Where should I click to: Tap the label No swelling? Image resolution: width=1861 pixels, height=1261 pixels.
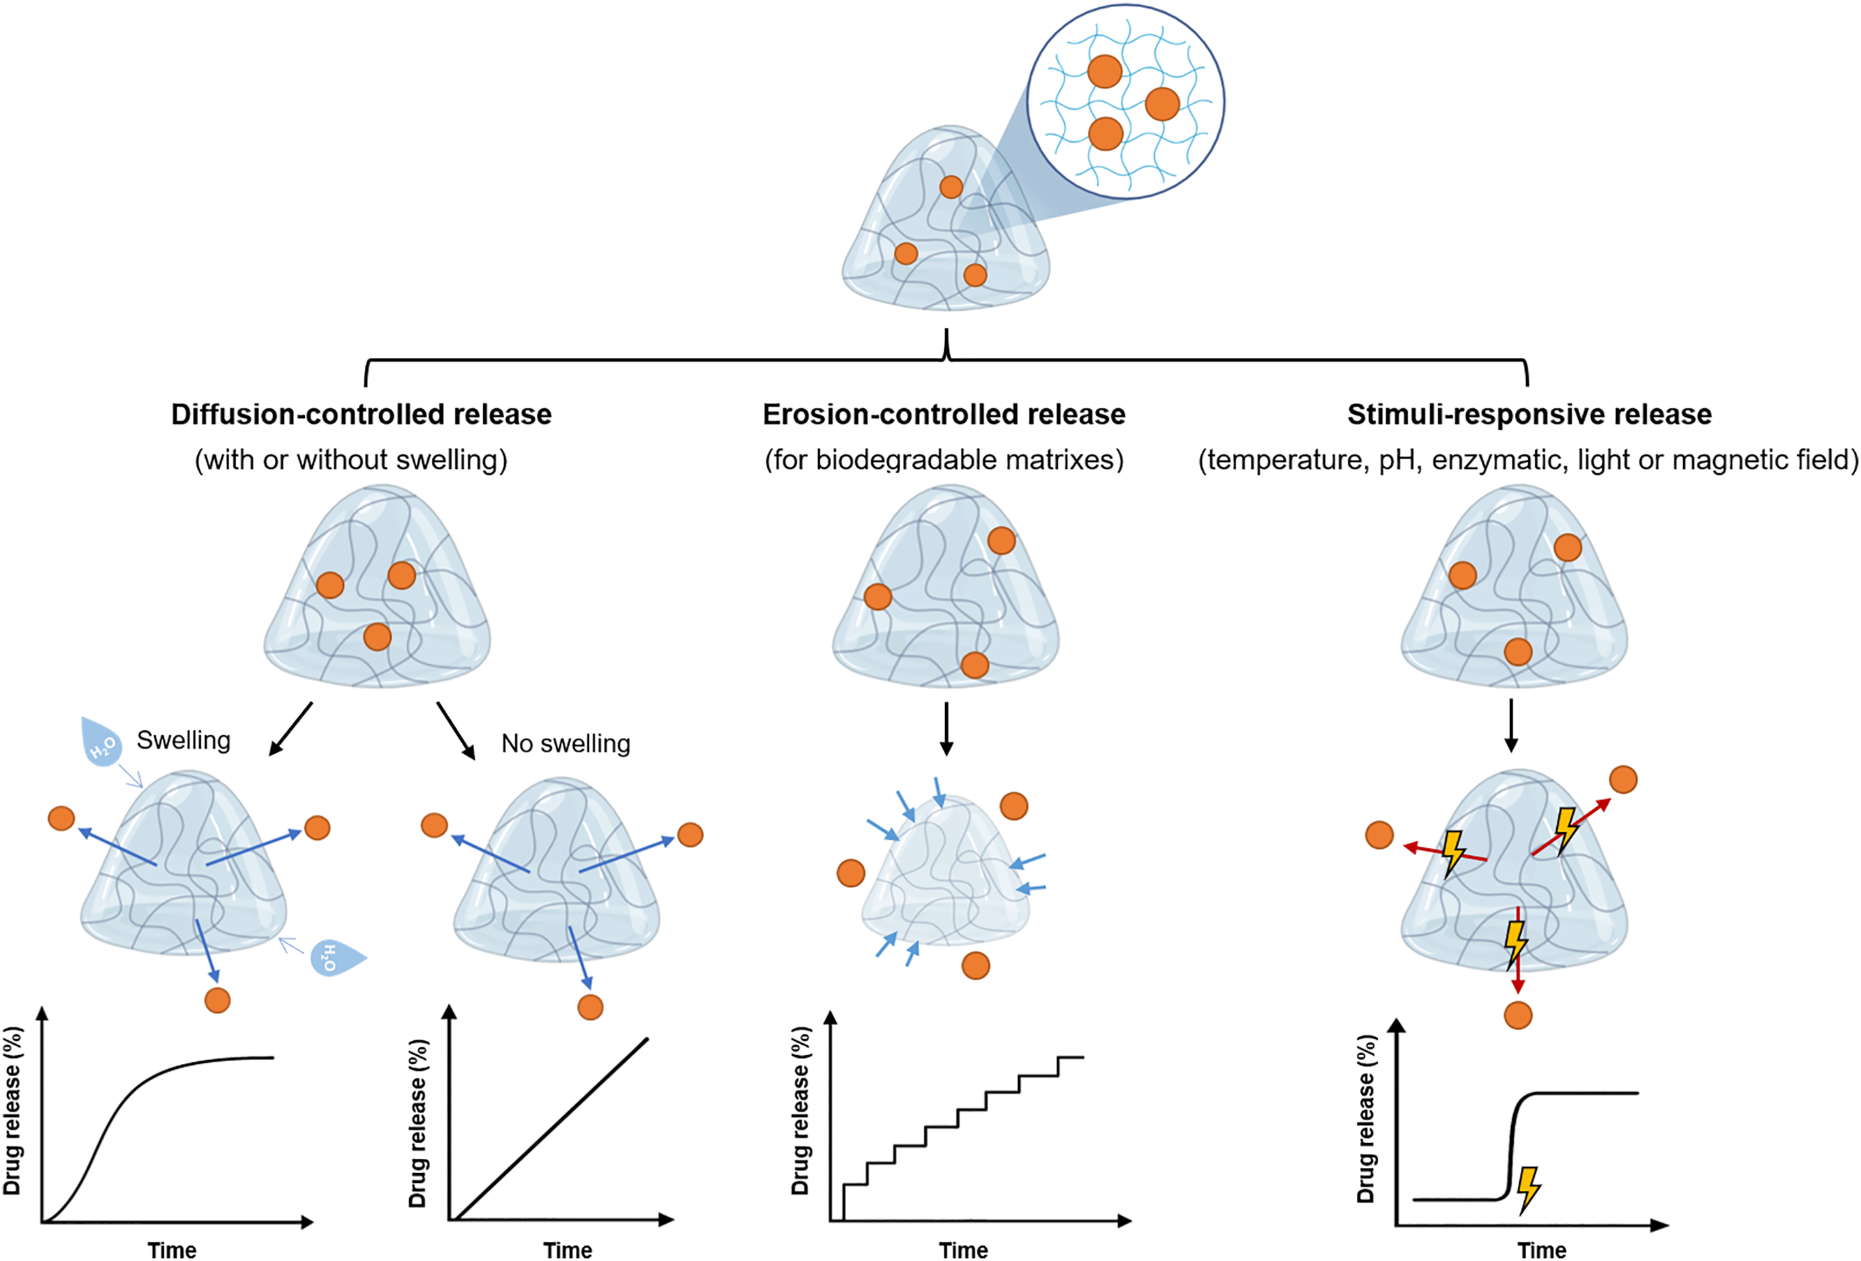point(565,743)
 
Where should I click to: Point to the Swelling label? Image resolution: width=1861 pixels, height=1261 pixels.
point(184,740)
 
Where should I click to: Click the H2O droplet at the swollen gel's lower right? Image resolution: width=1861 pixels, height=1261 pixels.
point(335,956)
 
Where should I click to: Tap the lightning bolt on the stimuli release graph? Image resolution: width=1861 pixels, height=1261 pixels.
point(1528,1189)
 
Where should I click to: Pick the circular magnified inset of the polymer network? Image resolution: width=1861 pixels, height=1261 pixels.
point(1126,101)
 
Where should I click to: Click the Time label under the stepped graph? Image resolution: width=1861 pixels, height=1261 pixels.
point(963,1250)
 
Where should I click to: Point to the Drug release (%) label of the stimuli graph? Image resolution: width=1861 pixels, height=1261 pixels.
point(1365,1118)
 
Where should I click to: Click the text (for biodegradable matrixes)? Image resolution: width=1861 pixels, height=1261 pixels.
point(943,460)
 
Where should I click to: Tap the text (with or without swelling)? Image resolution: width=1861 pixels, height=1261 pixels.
point(350,460)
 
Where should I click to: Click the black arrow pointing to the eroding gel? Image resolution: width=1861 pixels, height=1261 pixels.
point(946,729)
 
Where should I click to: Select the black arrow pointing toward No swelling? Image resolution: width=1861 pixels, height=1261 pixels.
point(455,730)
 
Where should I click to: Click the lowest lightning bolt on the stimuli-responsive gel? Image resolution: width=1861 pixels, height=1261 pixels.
point(1515,942)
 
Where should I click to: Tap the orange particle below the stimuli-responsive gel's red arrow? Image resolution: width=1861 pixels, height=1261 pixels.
point(1518,1015)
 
